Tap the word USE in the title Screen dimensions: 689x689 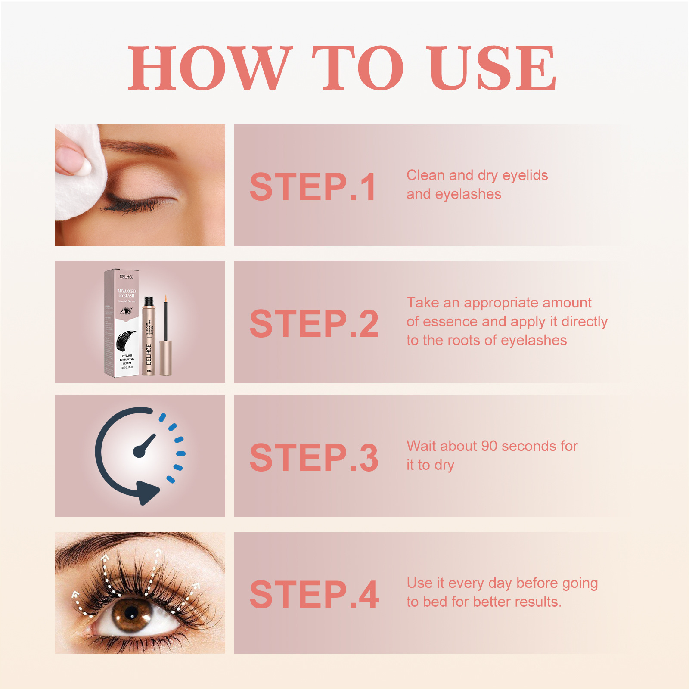click(491, 69)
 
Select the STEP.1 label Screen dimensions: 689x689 click(313, 187)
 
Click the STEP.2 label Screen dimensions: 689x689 click(314, 324)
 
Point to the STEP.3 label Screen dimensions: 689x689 click(314, 458)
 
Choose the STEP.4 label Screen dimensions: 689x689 click(314, 595)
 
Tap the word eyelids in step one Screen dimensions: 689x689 click(525, 175)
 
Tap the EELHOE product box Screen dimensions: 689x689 click(122, 323)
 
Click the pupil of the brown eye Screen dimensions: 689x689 click(131, 613)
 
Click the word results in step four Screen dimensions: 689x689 click(539, 602)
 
